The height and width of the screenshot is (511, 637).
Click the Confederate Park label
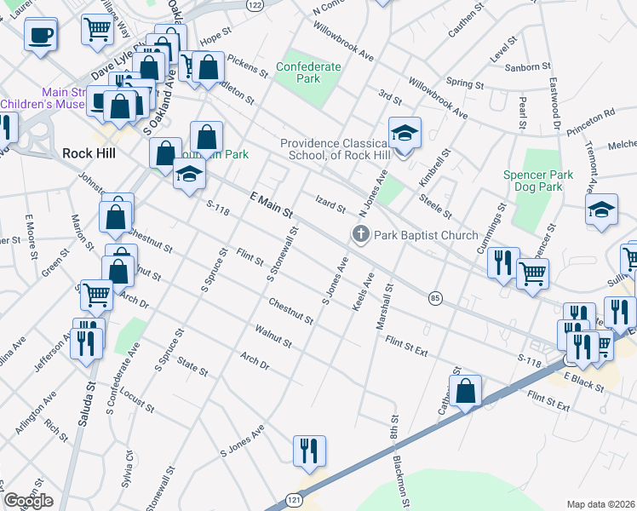(x=309, y=72)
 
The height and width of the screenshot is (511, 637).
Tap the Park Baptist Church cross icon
(x=360, y=235)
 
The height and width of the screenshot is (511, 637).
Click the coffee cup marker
(x=40, y=36)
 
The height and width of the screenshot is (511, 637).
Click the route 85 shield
(x=435, y=298)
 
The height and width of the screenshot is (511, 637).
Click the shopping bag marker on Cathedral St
(x=465, y=392)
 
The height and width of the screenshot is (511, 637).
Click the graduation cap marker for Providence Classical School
(x=405, y=133)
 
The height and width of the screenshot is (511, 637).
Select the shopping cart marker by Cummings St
(x=532, y=274)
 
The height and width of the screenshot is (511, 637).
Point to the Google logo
(x=27, y=501)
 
